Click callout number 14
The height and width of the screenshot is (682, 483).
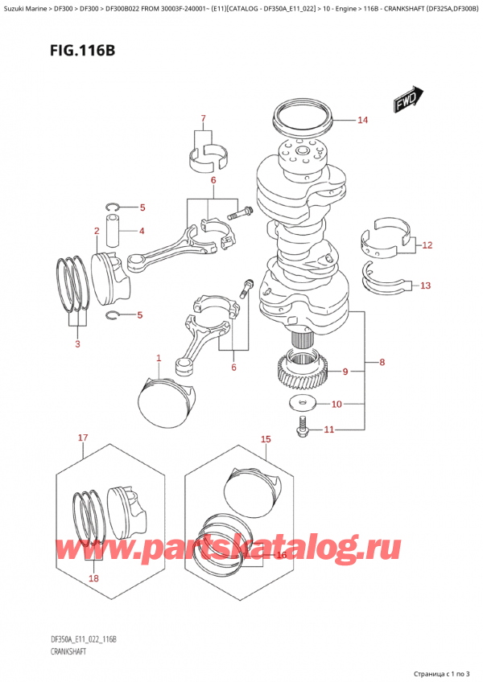pos(362,121)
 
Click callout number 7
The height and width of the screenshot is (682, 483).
pos(204,119)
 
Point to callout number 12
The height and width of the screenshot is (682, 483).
pos(427,244)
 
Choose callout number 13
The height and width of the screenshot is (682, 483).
pos(426,285)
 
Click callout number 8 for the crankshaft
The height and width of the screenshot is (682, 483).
pos(382,362)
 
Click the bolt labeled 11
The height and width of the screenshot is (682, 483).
pos(303,429)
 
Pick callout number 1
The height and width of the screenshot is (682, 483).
pos(159,359)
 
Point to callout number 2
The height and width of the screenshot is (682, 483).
pos(96,232)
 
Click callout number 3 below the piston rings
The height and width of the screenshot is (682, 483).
pos(77,344)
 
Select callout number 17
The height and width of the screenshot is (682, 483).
pos(82,438)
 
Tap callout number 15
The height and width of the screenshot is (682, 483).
pos(266,439)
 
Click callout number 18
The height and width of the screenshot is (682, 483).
pos(95,578)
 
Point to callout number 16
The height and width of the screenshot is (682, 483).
pos(281,554)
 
